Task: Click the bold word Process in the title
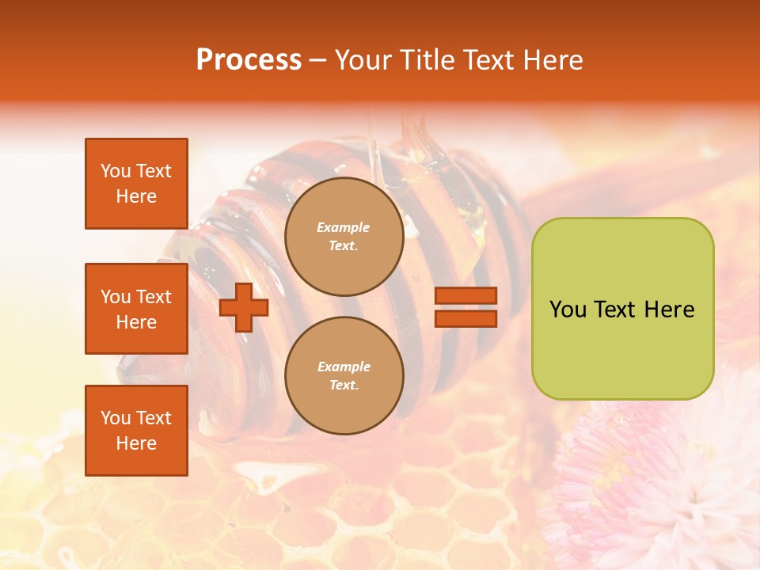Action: (249, 60)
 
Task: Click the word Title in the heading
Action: (425, 60)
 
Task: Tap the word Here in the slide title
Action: (553, 60)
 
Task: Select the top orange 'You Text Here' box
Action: (136, 184)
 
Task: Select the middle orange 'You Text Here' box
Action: (136, 309)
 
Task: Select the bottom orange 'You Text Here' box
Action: (136, 431)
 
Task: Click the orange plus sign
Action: (243, 307)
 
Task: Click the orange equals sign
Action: (465, 307)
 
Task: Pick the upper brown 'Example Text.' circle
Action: (344, 237)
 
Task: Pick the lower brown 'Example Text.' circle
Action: (344, 375)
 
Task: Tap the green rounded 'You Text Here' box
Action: (622, 309)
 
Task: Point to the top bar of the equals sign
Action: (465, 296)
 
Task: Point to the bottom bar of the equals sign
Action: (465, 318)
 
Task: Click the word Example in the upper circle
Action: (344, 227)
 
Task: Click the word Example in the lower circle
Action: (344, 367)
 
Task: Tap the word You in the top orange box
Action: (115, 171)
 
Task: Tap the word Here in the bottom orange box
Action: (136, 443)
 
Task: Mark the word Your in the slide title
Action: (364, 60)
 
